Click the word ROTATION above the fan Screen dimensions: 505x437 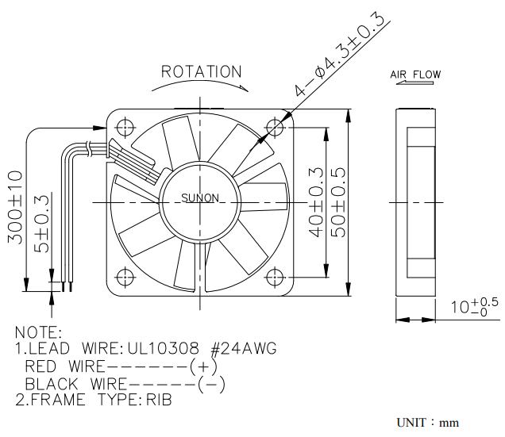tap(202, 71)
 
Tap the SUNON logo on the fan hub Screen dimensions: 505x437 tap(200, 198)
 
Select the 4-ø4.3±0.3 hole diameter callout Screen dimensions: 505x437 tap(340, 55)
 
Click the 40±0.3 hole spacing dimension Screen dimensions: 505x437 tap(315, 202)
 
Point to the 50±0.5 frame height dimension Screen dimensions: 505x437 tap(338, 202)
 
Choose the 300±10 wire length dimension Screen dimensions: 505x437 tap(15, 208)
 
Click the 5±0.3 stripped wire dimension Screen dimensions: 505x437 tap(42, 224)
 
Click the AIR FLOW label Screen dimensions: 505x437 tap(415, 75)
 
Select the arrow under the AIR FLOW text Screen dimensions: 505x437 tap(414, 82)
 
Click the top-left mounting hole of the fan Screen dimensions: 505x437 tap(125, 128)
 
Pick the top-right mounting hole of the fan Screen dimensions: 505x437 tap(275, 128)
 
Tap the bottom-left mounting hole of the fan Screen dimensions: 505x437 tap(125, 277)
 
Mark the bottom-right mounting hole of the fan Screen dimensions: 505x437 tap(275, 277)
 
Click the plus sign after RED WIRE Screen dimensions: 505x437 tap(203, 366)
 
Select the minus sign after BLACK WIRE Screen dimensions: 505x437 tap(211, 384)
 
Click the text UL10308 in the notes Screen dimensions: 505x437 tap(163, 349)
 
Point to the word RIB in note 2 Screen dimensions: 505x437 tap(159, 400)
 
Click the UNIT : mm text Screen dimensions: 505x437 tap(428, 423)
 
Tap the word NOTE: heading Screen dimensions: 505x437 tap(38, 332)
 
